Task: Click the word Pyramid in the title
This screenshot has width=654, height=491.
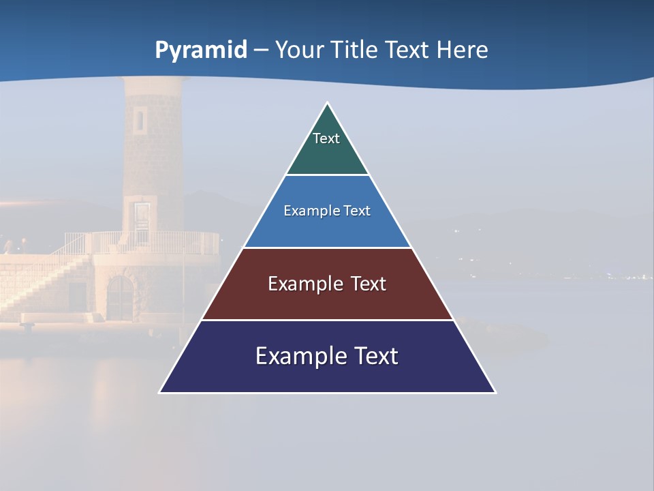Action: (201, 50)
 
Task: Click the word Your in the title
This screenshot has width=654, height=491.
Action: (299, 50)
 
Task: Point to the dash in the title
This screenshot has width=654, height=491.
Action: (261, 50)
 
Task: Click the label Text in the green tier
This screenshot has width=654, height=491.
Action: (326, 138)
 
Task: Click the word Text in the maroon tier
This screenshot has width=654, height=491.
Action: (369, 284)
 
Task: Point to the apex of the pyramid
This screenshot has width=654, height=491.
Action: (328, 104)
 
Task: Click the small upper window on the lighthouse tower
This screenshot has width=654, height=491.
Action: (140, 119)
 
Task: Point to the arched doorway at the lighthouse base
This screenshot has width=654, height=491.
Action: (120, 298)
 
